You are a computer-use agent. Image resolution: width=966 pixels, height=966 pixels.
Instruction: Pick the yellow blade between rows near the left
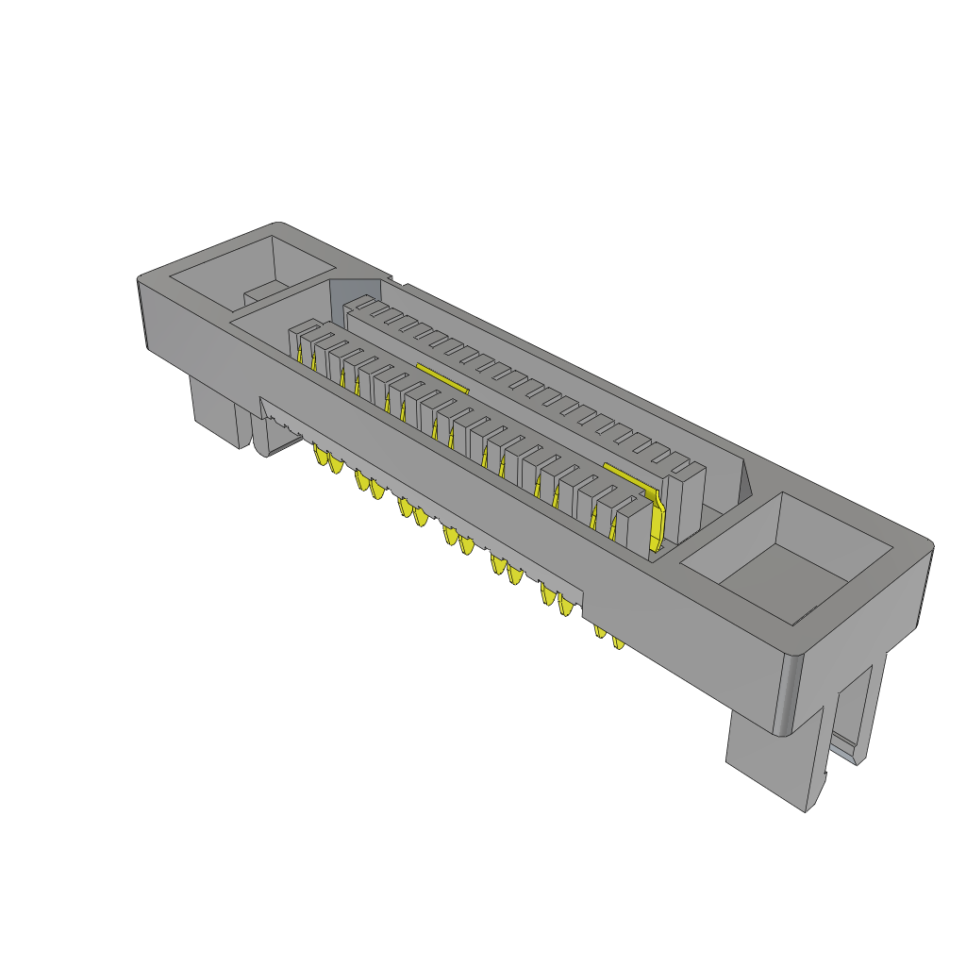coord(442,379)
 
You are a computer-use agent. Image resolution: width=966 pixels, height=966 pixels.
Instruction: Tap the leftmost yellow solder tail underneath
coord(319,458)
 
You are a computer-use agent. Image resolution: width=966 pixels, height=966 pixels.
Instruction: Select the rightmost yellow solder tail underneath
coord(619,641)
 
